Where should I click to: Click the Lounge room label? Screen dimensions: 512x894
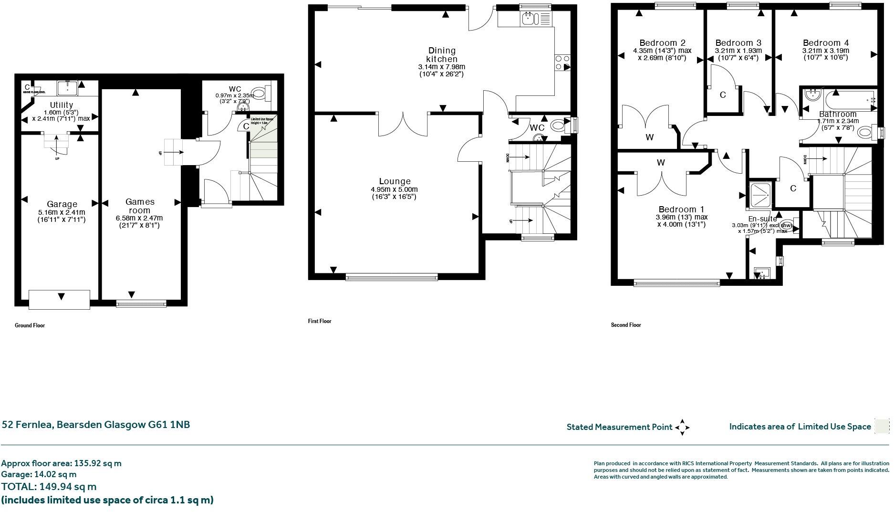tap(395, 181)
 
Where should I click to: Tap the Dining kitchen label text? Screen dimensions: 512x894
tap(442, 55)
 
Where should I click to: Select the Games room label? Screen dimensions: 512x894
tap(139, 206)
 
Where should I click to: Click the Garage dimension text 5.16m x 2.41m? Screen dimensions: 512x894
tap(62, 212)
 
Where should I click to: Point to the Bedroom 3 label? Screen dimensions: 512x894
tap(738, 43)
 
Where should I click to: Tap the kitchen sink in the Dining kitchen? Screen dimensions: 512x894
tap(530, 19)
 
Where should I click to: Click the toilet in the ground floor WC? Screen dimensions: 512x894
tap(260, 92)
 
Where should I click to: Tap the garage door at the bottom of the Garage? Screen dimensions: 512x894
tap(59, 299)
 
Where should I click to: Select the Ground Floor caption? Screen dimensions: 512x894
tap(30, 325)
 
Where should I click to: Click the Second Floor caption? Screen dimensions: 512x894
tap(626, 325)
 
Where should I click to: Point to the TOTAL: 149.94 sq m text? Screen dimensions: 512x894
tap(49, 487)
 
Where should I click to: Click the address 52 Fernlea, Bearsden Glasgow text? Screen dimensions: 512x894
tap(96, 425)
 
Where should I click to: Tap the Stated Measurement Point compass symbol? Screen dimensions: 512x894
tap(682, 427)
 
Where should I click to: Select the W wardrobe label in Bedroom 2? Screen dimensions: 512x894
tap(649, 137)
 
